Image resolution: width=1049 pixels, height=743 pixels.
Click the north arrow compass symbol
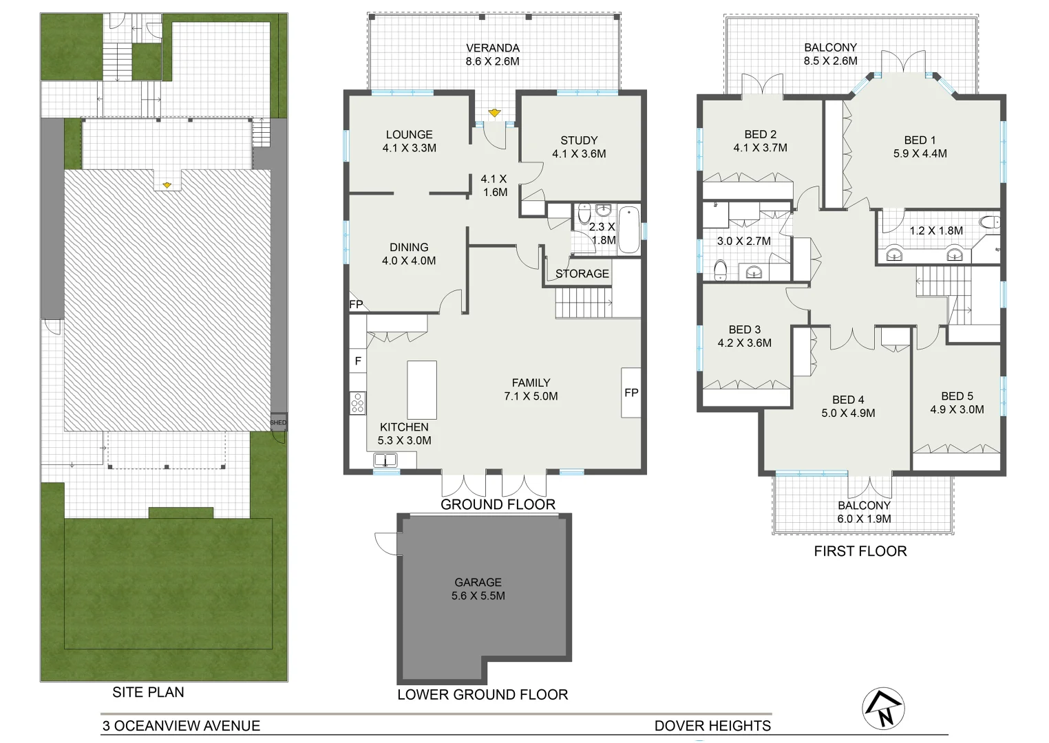pyautogui.click(x=883, y=709)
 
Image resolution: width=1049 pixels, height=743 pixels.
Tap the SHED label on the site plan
pyautogui.click(x=278, y=422)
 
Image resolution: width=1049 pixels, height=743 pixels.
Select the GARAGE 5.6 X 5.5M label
pyautogui.click(x=478, y=589)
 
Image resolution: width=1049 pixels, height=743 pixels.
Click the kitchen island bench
pyautogui.click(x=422, y=389)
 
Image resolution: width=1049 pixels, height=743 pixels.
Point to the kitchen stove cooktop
pyautogui.click(x=357, y=402)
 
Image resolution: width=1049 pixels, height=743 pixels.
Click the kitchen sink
pyautogui.click(x=385, y=460)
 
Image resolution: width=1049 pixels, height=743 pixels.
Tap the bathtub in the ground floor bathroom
pyautogui.click(x=629, y=229)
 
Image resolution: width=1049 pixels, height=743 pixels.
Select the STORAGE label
pyautogui.click(x=582, y=273)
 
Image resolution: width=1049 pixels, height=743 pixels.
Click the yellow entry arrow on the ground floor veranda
pyautogui.click(x=494, y=113)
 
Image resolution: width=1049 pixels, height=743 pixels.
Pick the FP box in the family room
pyautogui.click(x=631, y=392)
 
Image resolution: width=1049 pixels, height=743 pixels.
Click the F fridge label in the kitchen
pyautogui.click(x=358, y=360)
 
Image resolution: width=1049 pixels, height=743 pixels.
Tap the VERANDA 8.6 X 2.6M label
pyautogui.click(x=492, y=54)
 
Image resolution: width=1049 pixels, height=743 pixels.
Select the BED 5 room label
pyautogui.click(x=957, y=402)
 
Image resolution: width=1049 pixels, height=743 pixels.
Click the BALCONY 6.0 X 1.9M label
pyautogui.click(x=864, y=512)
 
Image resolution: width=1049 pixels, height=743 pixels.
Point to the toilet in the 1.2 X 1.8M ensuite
pyautogui.click(x=989, y=222)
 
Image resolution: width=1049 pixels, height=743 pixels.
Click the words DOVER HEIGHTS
pyautogui.click(x=712, y=726)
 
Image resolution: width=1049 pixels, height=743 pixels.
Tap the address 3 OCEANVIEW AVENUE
pyautogui.click(x=182, y=726)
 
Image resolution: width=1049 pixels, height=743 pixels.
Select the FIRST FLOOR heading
pyautogui.click(x=860, y=551)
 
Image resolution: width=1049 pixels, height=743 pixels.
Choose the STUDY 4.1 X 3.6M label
pyautogui.click(x=579, y=147)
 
